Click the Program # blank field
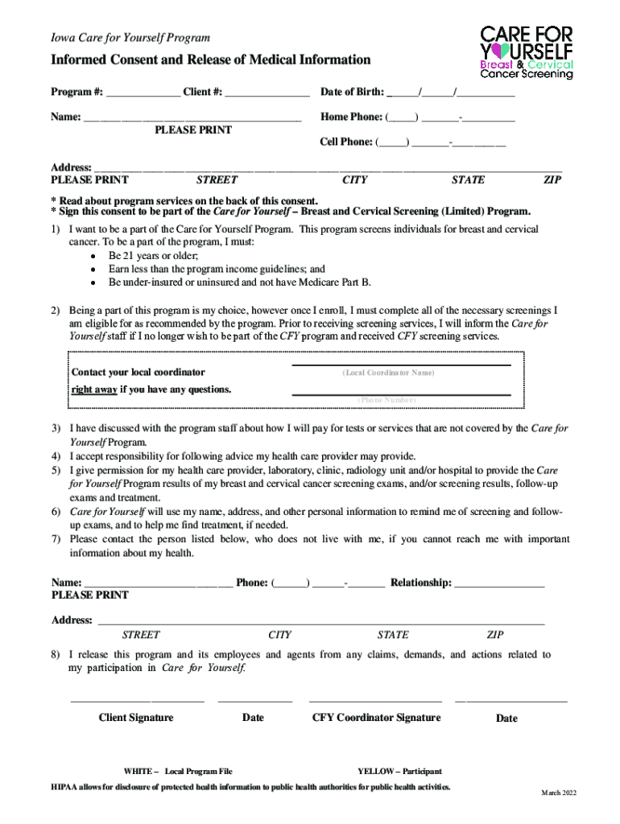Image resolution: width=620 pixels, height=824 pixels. tap(143, 92)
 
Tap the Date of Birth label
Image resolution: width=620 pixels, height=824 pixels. tap(351, 92)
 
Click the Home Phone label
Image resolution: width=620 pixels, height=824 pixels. tap(350, 117)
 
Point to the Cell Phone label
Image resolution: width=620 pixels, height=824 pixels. tap(347, 142)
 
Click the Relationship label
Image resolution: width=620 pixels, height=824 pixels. tap(420, 583)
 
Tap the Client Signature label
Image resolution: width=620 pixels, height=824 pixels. tap(135, 718)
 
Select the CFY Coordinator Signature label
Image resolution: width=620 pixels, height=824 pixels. tap(376, 718)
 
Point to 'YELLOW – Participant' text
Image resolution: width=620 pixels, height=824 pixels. tap(399, 771)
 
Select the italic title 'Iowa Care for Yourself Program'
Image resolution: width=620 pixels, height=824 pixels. tap(130, 38)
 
